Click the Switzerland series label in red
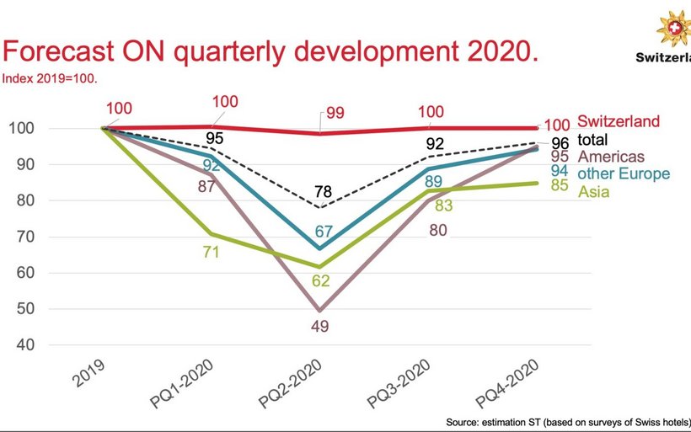tap(619, 122)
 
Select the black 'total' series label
tap(593, 140)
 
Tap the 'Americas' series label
tap(611, 157)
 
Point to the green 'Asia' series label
tap(592, 192)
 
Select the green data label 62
tap(321, 280)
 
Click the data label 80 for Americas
tap(437, 230)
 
